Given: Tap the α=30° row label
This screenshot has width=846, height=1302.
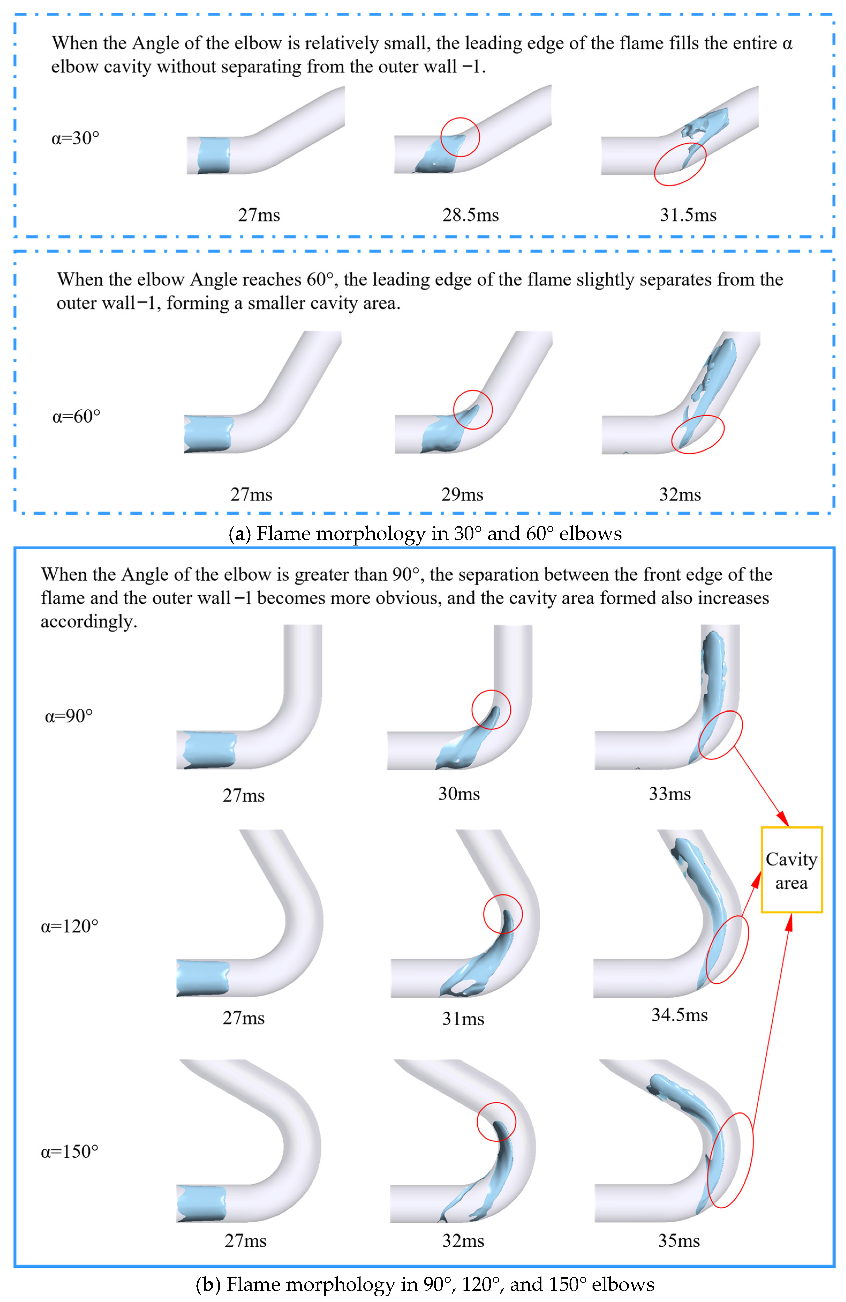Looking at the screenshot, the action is tap(75, 138).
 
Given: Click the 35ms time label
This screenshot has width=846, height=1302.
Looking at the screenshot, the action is tap(679, 1241).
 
